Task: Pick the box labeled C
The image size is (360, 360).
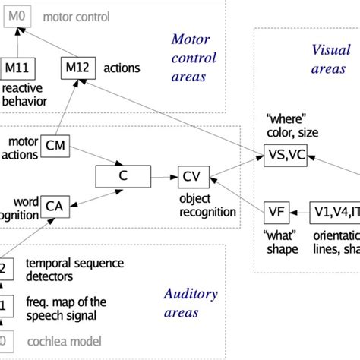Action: pyautogui.click(x=122, y=176)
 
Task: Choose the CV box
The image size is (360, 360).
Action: pyautogui.click(x=191, y=176)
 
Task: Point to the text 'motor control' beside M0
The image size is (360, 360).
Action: pyautogui.click(x=76, y=16)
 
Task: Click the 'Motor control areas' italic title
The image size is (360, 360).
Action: pyautogui.click(x=194, y=58)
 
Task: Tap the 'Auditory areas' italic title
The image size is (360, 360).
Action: pyautogui.click(x=191, y=303)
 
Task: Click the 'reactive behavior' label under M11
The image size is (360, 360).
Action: pyautogui.click(x=24, y=95)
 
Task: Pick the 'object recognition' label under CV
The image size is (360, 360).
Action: pyautogui.click(x=207, y=205)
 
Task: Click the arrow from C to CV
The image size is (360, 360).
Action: pyautogui.click(x=162, y=176)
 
